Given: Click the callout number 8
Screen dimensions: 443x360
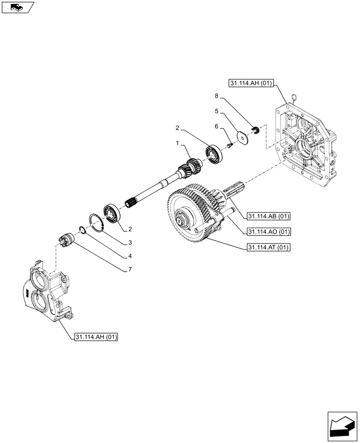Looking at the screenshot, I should point(217,96).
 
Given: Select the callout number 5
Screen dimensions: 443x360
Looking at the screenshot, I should point(217,110).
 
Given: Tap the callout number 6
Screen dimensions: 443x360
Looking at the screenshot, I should point(217,126).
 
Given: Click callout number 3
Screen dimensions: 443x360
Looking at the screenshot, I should point(130,242).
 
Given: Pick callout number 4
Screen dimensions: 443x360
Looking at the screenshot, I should point(130,256).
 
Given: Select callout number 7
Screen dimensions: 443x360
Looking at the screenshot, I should point(130,269).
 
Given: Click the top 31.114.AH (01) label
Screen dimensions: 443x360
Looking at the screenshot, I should point(252,83).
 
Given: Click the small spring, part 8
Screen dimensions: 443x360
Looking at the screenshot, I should point(255,130).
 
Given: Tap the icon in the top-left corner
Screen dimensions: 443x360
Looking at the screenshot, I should point(17,7).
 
